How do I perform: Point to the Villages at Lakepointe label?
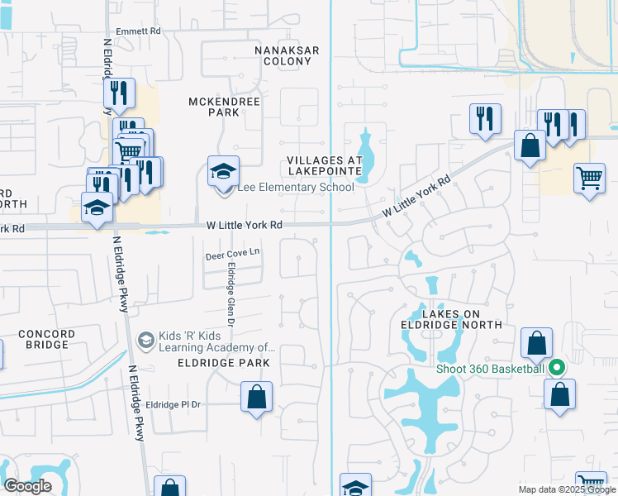click(x=325, y=165)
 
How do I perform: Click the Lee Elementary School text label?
click(x=296, y=188)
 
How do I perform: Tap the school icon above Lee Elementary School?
click(x=223, y=172)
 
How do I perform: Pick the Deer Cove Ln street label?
click(x=233, y=256)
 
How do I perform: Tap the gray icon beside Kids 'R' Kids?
click(x=145, y=340)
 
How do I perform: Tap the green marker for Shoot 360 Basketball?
click(x=557, y=368)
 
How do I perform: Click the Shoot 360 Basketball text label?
click(x=491, y=368)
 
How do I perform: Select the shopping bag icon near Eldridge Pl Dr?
click(x=257, y=396)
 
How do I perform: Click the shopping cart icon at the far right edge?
click(x=589, y=179)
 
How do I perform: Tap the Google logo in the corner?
click(x=27, y=486)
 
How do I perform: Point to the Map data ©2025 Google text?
click(x=567, y=489)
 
